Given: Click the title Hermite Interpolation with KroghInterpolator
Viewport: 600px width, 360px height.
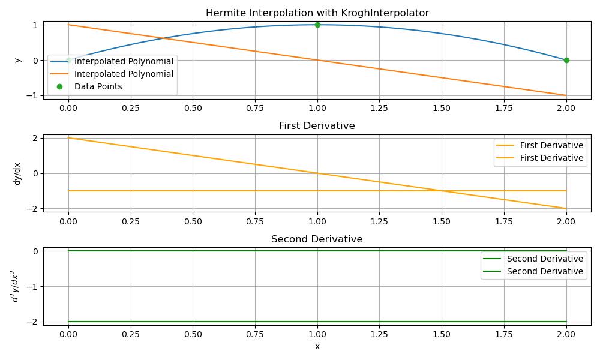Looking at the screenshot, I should (x=317, y=13).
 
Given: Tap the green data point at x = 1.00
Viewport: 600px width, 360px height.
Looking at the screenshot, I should (x=317, y=25).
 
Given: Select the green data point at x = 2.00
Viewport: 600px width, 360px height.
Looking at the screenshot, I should (x=566, y=60).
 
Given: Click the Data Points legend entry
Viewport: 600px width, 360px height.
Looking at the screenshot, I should (x=98, y=86).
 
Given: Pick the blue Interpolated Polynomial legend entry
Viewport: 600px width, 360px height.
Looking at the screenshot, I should (x=124, y=62).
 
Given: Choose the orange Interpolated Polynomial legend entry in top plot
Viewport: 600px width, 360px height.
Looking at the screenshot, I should (x=124, y=74).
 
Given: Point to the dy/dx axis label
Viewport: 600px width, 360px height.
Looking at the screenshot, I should (x=17, y=173).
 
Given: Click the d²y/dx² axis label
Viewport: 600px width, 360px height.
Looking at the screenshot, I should (x=17, y=286).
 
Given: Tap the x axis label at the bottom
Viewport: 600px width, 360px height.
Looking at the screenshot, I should (x=317, y=346).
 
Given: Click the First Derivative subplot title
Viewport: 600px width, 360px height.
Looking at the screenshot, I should (x=317, y=126).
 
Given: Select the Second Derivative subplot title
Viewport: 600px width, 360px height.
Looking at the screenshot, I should (x=317, y=239).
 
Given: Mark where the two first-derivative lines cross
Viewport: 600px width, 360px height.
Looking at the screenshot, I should (x=442, y=191).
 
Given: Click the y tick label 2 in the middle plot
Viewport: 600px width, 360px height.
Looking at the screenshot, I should (x=35, y=138).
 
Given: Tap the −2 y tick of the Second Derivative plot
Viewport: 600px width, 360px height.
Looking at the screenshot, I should (x=32, y=322).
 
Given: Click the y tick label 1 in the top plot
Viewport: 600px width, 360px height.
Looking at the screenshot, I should (x=35, y=25).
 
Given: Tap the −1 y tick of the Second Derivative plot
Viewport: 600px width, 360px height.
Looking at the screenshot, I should (x=32, y=286).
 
